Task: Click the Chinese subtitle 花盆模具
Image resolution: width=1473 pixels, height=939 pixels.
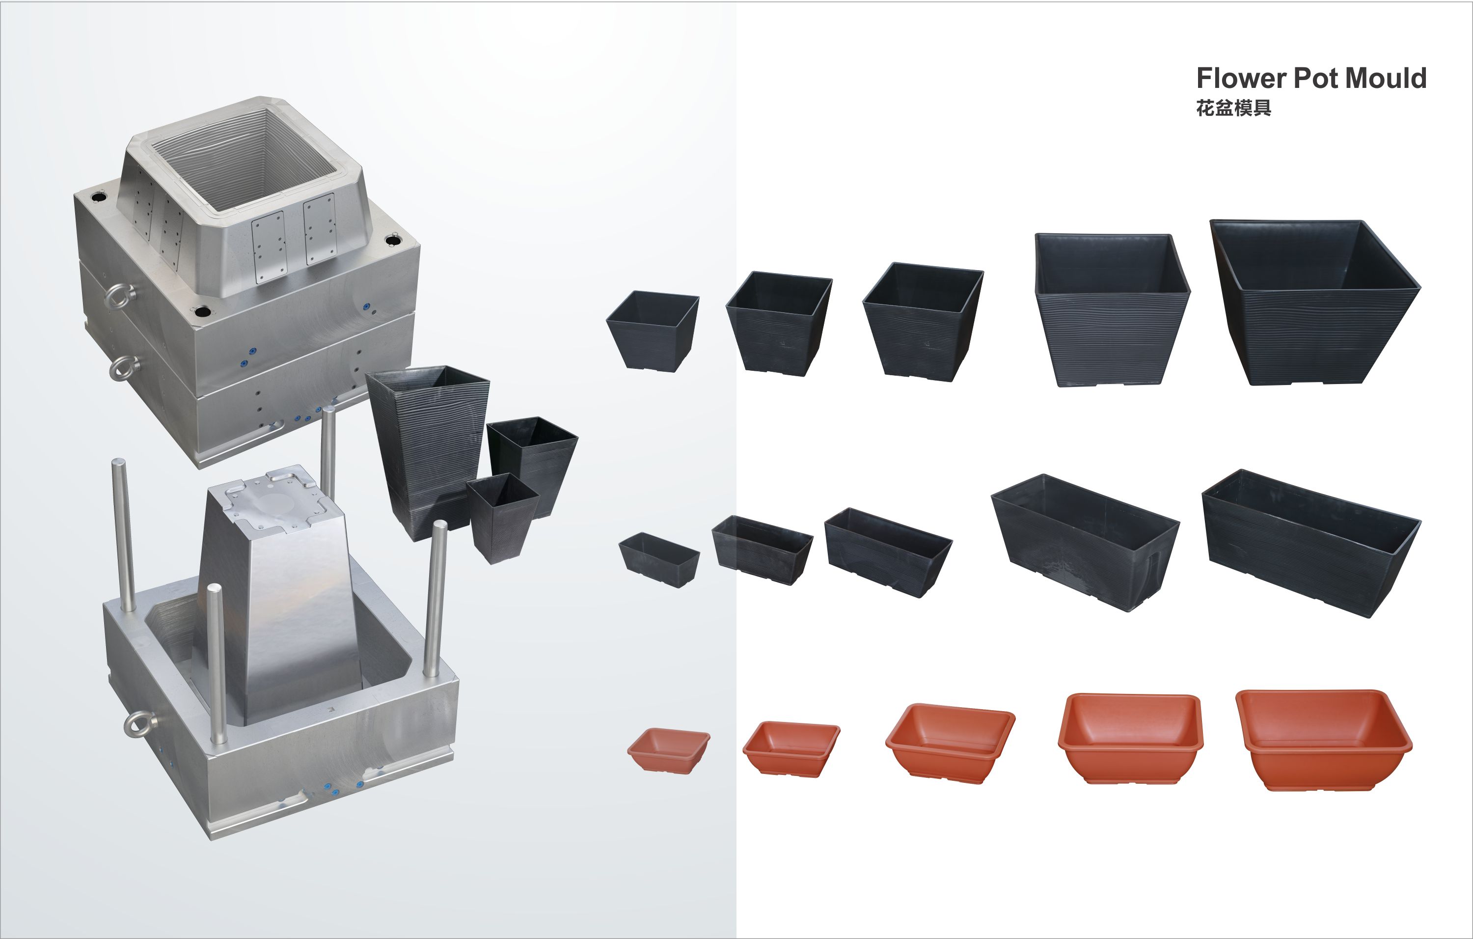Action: point(1233,108)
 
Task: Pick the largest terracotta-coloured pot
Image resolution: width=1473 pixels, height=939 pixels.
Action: point(1324,740)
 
